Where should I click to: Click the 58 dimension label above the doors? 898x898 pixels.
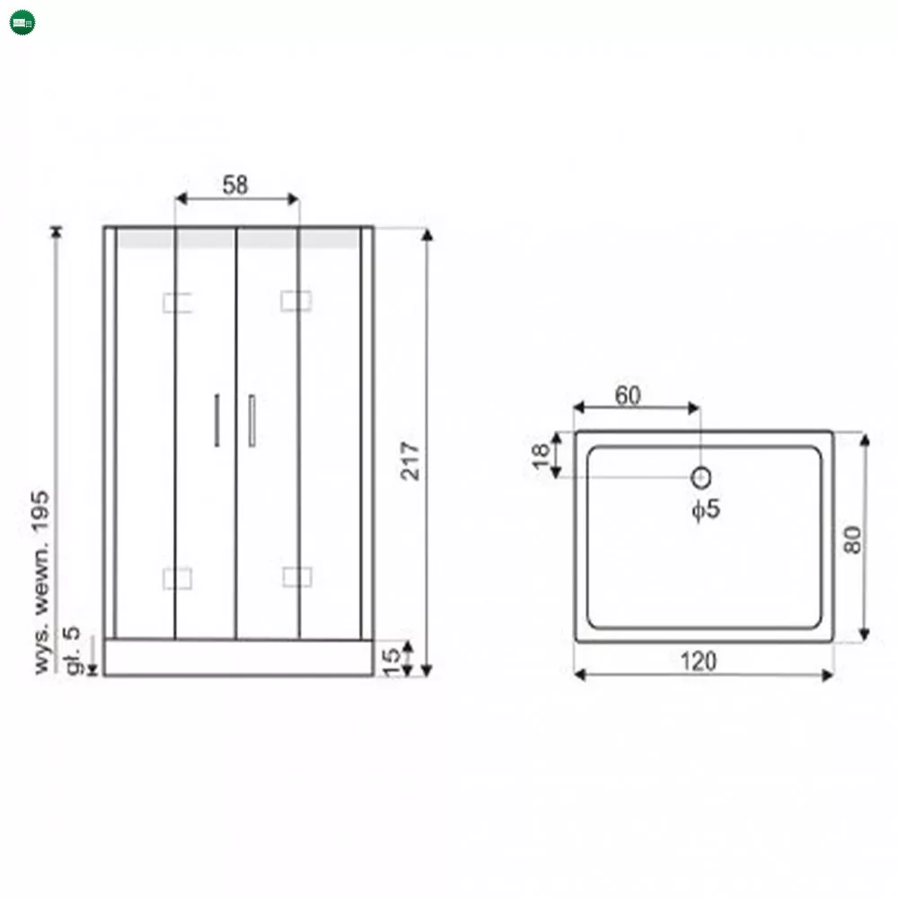tap(235, 185)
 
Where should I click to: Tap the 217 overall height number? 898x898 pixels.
tap(410, 461)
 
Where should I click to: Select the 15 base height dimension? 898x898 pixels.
tap(392, 662)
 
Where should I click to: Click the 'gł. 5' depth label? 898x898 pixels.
tap(73, 650)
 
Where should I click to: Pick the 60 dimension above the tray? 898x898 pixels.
tap(628, 395)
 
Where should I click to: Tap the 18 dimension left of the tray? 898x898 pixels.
tap(540, 456)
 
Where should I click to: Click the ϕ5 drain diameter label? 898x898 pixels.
tap(706, 509)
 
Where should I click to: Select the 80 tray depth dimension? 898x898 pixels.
tap(852, 540)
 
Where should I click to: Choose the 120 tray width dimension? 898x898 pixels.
tap(698, 661)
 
